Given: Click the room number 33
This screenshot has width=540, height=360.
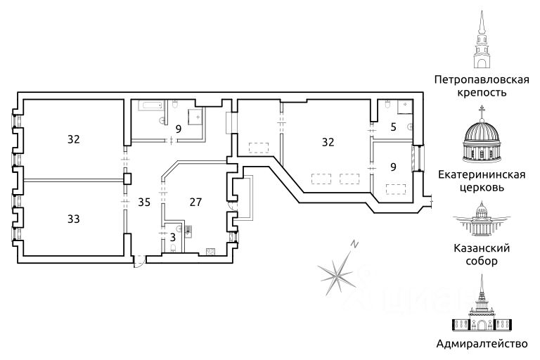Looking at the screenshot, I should coord(74,219).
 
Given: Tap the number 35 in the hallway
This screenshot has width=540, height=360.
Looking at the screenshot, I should coord(144,202).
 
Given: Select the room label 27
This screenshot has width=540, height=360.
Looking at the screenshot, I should coord(196,202).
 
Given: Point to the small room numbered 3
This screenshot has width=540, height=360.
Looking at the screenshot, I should coord(172,237).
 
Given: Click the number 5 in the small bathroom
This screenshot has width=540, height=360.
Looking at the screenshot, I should coord(394,128).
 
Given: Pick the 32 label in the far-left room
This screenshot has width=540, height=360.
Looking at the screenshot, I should coord(74,139).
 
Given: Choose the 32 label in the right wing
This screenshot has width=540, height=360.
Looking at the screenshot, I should coord(328,142).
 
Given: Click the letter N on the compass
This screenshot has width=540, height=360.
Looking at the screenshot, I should coord(356,245).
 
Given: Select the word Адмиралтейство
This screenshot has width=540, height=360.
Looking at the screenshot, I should coord(482,344).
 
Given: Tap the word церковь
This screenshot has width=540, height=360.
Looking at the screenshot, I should coord(482,188).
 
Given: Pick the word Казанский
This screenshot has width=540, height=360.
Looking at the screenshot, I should coord(482,248).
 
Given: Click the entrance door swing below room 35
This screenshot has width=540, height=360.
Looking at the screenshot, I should coord(139,260).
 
